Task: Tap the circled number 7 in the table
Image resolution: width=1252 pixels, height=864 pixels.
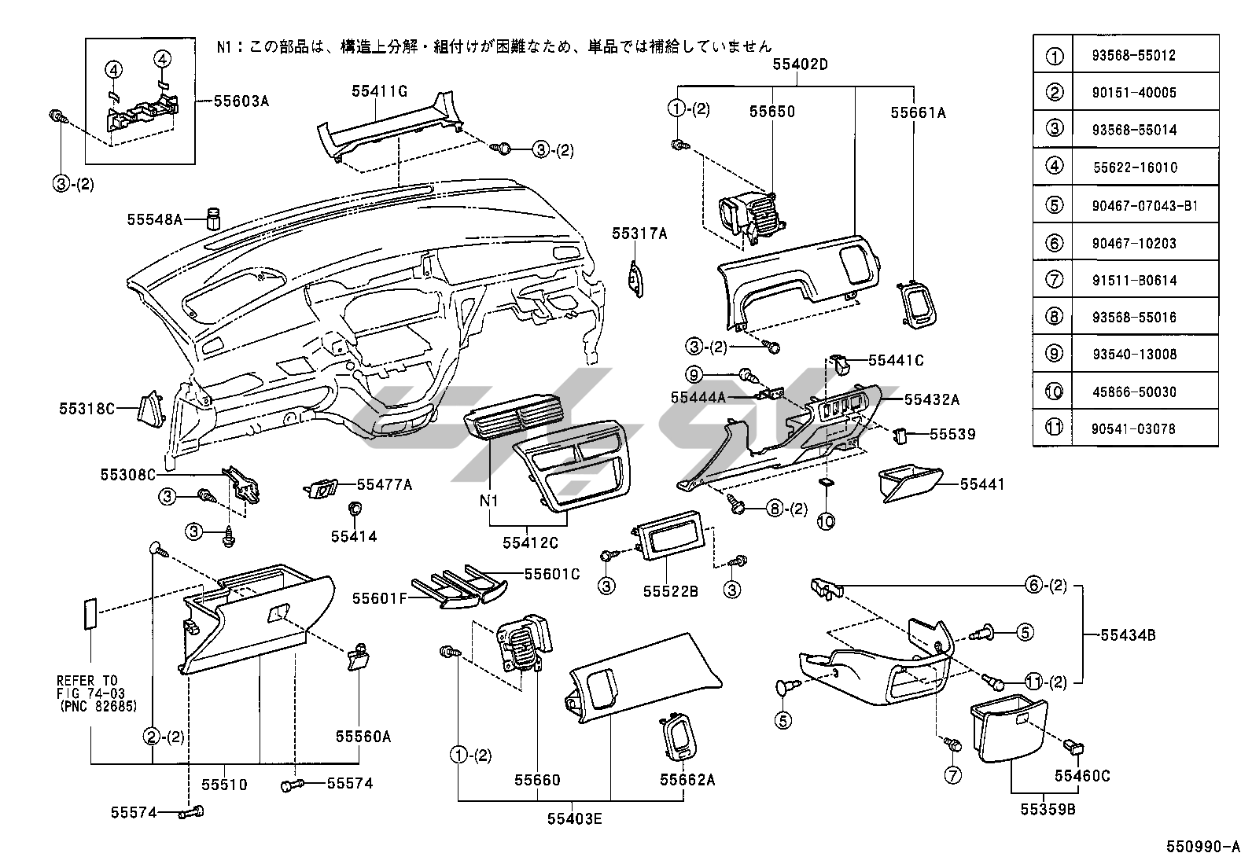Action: click(x=1055, y=280)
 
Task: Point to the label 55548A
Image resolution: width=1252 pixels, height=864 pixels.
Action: click(x=155, y=219)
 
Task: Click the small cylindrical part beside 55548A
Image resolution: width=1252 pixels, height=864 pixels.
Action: click(x=212, y=217)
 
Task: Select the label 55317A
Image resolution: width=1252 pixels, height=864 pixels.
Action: click(x=639, y=233)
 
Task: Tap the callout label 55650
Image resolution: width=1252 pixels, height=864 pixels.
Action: click(x=771, y=112)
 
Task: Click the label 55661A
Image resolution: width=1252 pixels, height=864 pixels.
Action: click(x=918, y=113)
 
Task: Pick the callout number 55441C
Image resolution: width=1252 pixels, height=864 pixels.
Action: click(x=896, y=361)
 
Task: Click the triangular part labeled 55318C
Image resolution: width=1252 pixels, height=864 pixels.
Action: click(x=150, y=409)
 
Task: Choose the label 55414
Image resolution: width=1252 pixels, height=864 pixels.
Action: click(x=354, y=537)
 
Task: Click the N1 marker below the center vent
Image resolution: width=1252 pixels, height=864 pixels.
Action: click(x=489, y=501)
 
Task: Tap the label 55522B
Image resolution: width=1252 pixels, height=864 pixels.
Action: click(x=670, y=591)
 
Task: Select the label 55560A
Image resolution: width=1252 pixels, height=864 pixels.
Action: click(x=363, y=737)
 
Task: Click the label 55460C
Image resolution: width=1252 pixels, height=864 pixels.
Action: click(x=1082, y=777)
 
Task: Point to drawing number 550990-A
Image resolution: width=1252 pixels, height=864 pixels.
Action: click(x=1202, y=847)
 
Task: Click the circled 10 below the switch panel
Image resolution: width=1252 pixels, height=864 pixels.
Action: click(x=826, y=520)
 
